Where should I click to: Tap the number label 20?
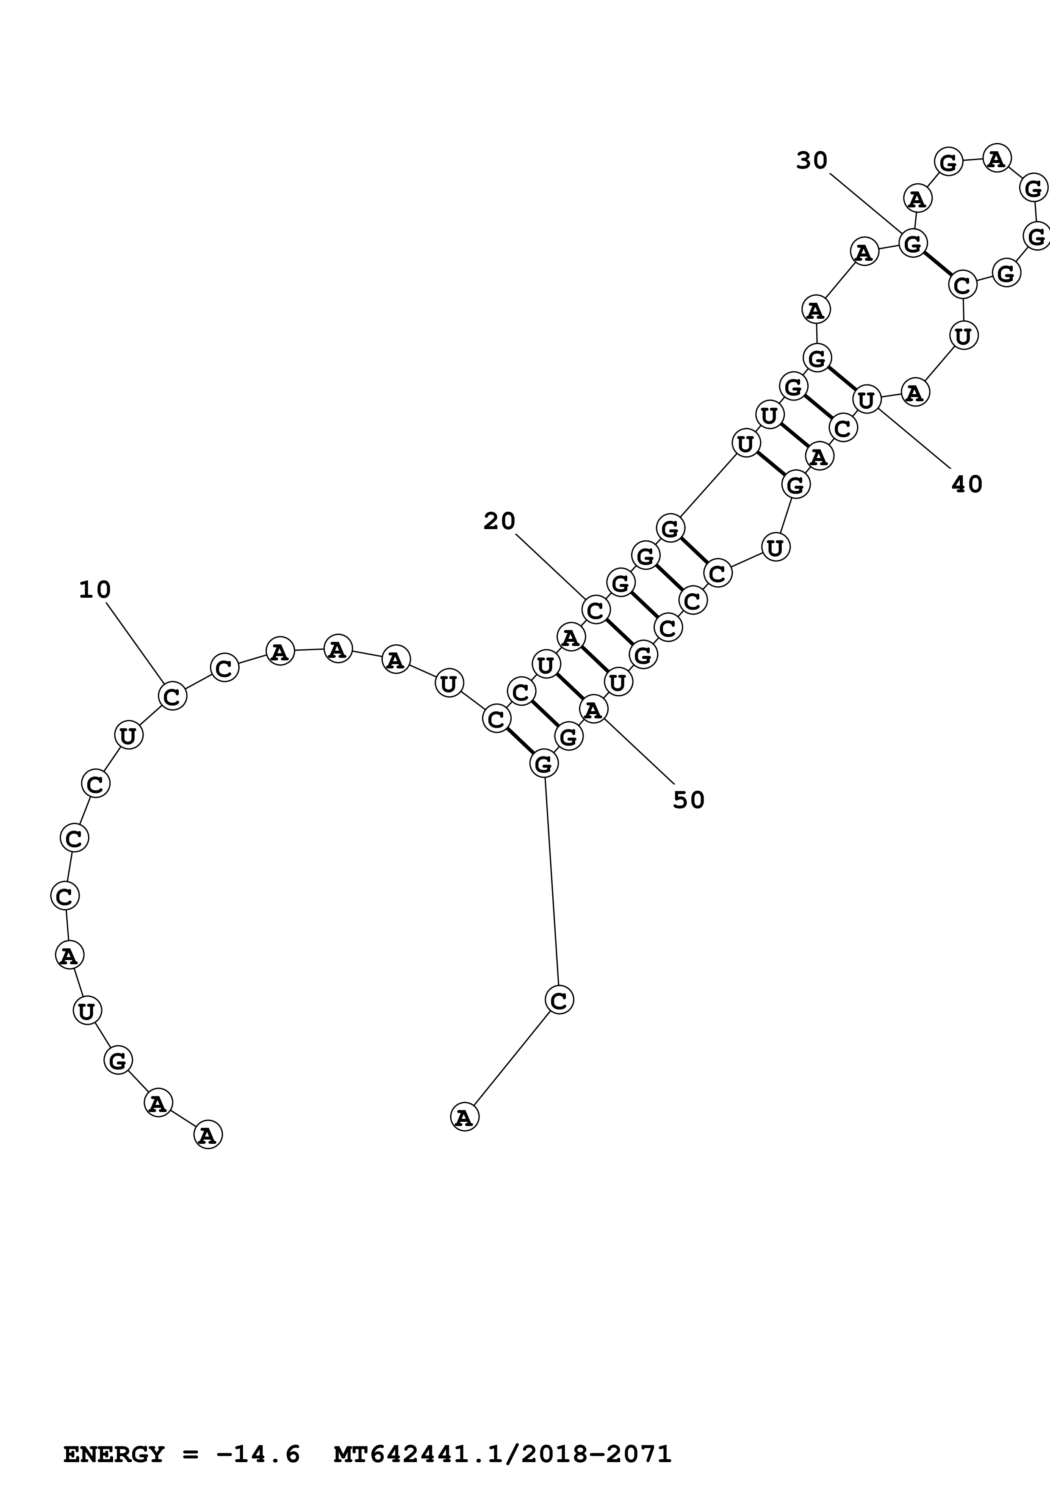(x=499, y=521)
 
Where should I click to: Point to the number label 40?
(x=967, y=484)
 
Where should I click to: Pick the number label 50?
(x=688, y=800)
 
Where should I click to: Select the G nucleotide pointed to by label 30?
(x=913, y=244)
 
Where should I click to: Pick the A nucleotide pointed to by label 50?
(x=593, y=709)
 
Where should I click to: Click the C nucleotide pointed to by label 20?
(x=595, y=609)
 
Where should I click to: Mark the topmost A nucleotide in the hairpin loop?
(x=996, y=158)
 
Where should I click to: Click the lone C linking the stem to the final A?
(x=559, y=999)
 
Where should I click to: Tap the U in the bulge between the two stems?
(x=775, y=548)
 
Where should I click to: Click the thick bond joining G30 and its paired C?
(x=937, y=264)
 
